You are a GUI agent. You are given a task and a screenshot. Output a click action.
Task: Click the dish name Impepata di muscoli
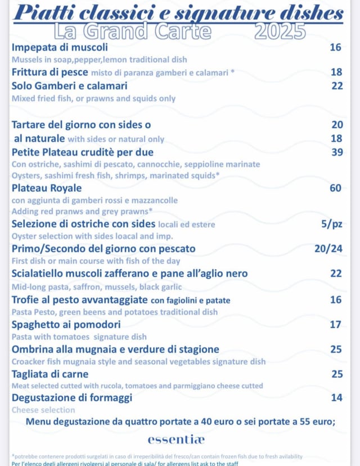tap(60, 47)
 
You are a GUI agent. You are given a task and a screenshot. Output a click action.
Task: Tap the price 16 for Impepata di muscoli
tap(336, 47)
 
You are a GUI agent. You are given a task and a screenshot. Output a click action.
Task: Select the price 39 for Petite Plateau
tap(336, 152)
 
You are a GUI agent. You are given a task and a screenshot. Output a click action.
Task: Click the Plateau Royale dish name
tap(47, 188)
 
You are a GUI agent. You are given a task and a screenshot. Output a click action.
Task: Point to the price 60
tap(336, 188)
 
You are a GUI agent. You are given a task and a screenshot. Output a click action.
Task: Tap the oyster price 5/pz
tap(331, 224)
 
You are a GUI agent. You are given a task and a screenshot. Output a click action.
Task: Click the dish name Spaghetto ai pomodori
tap(66, 325)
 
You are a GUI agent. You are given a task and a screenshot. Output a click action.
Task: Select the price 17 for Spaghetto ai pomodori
tap(336, 325)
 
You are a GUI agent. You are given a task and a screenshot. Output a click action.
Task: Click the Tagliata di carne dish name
tap(50, 374)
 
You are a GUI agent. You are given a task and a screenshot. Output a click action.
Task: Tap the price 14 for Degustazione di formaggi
tap(336, 398)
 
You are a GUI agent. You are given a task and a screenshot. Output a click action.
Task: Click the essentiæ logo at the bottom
tap(176, 439)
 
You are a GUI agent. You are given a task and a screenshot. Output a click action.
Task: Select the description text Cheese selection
tap(43, 410)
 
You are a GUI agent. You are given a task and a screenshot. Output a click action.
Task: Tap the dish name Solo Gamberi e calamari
tap(70, 86)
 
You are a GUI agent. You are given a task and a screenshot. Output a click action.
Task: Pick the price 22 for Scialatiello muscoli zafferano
tap(336, 274)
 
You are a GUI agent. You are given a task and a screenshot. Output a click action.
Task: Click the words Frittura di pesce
tap(50, 72)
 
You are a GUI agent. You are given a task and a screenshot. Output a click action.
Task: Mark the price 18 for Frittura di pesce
tap(336, 72)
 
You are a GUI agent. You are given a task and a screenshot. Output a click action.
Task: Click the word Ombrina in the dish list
tap(34, 349)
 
